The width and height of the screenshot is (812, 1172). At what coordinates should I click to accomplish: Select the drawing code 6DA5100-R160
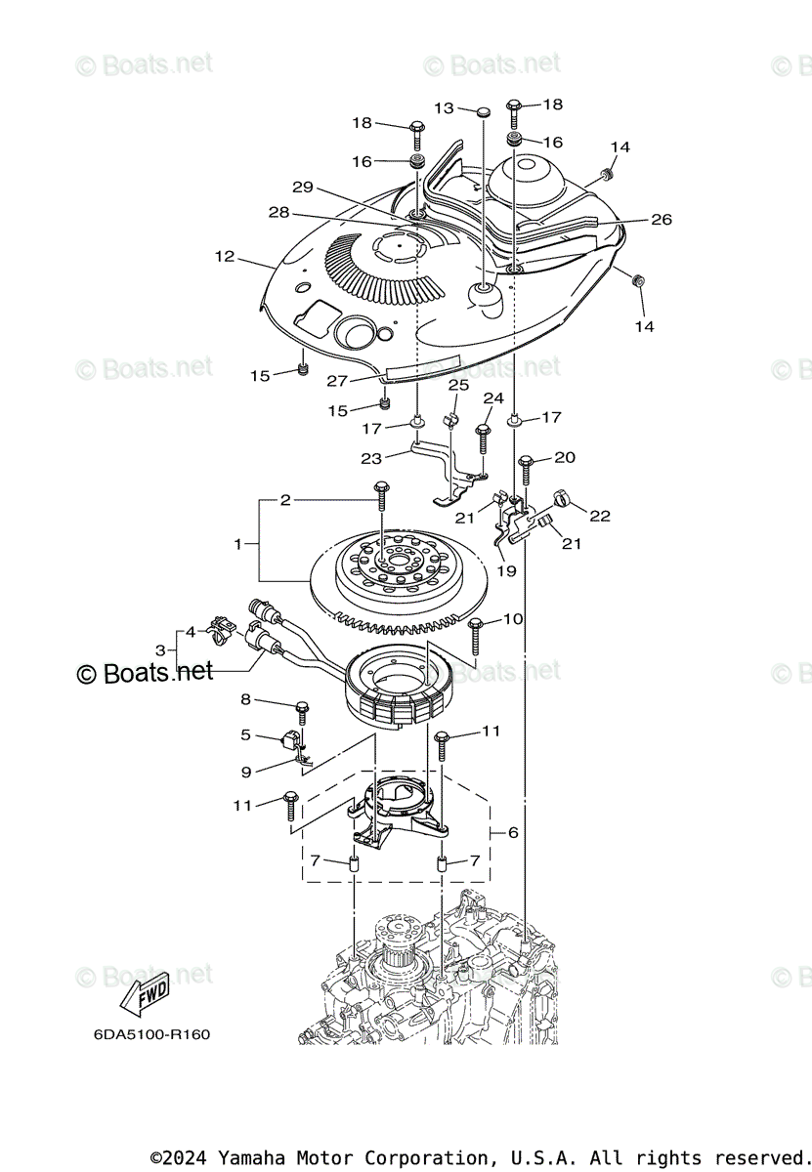click(151, 1034)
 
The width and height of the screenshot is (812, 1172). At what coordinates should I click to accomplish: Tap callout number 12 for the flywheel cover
click(225, 257)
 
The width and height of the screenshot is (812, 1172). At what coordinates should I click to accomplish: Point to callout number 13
click(445, 108)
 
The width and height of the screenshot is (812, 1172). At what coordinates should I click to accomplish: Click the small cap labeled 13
click(483, 112)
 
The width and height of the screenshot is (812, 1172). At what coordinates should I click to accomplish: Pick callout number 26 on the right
click(662, 220)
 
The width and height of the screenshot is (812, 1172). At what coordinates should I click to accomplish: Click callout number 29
click(302, 187)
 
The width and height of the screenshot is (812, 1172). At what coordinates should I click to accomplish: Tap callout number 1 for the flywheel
click(237, 544)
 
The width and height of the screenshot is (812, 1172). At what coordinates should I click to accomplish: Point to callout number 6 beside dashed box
click(513, 833)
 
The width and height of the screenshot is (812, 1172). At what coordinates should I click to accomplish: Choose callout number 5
click(246, 734)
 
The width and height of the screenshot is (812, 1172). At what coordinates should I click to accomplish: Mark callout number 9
click(246, 772)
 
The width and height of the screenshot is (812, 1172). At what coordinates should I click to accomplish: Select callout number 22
click(599, 516)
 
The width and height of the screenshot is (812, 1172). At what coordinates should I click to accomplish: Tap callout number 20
click(565, 457)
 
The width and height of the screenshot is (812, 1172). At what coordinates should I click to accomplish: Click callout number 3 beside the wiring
click(160, 649)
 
